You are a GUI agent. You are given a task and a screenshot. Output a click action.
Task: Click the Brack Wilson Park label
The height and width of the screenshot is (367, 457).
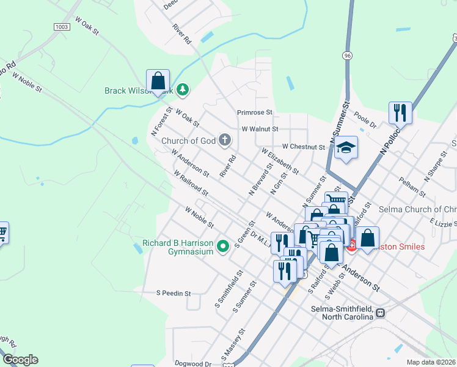139,91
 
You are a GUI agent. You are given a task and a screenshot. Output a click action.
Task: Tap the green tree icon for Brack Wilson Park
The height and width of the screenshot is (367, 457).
182,91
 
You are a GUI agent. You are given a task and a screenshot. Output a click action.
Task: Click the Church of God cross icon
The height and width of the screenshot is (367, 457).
225,141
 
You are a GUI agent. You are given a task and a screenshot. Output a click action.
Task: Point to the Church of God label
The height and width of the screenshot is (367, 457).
189,141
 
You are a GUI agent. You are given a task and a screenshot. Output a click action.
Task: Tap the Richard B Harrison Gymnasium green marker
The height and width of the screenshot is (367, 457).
224,247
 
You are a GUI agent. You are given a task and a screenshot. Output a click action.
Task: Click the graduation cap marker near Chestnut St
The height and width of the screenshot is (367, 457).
346,148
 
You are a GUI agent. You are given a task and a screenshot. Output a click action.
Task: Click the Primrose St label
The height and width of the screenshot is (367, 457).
255,113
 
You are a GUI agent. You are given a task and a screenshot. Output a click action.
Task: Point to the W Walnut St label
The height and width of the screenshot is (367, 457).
260,129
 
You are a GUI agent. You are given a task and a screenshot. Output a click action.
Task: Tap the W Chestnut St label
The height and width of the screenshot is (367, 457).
304,147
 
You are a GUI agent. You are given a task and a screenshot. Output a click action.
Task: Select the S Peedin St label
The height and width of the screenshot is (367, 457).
174,293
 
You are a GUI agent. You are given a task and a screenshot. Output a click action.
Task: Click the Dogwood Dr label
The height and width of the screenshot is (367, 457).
196,363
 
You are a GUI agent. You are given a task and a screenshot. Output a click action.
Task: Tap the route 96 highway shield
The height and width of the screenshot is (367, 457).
348,55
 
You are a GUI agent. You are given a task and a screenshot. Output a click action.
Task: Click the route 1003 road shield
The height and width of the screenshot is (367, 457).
61,27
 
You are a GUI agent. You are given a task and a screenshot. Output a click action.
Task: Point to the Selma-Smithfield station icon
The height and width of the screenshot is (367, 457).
381,312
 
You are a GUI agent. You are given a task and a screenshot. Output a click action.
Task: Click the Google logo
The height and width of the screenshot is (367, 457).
20,360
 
